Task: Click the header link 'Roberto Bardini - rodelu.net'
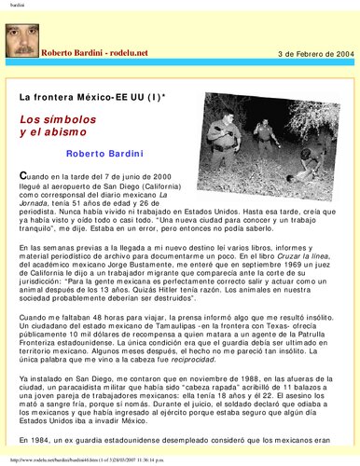pos(90,54)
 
